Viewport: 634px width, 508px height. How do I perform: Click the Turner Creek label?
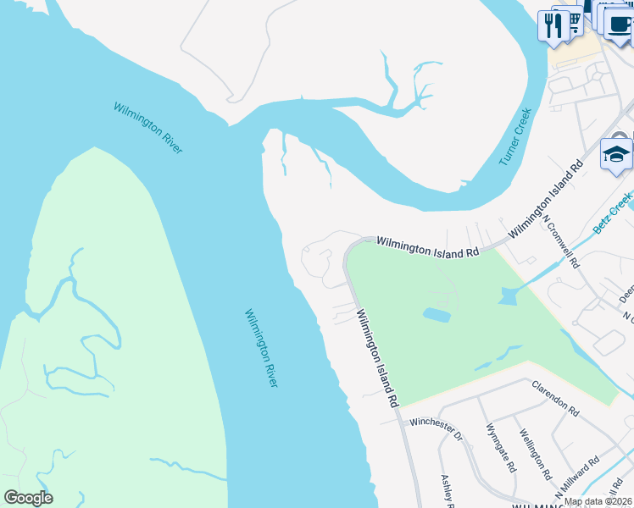click(x=514, y=135)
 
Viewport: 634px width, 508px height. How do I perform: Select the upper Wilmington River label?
click(x=148, y=128)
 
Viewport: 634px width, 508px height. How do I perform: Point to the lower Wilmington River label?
click(x=261, y=349)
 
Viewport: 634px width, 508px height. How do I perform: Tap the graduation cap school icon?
click(x=616, y=155)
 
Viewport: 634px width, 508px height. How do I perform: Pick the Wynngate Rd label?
click(x=500, y=450)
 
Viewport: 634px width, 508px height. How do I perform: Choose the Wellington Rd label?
click(x=536, y=456)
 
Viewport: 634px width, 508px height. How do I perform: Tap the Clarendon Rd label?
click(x=555, y=398)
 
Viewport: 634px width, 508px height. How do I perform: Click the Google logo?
click(x=28, y=498)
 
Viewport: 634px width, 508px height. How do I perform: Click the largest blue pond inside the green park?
click(x=437, y=314)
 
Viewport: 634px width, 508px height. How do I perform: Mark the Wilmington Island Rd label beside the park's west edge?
click(x=377, y=359)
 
